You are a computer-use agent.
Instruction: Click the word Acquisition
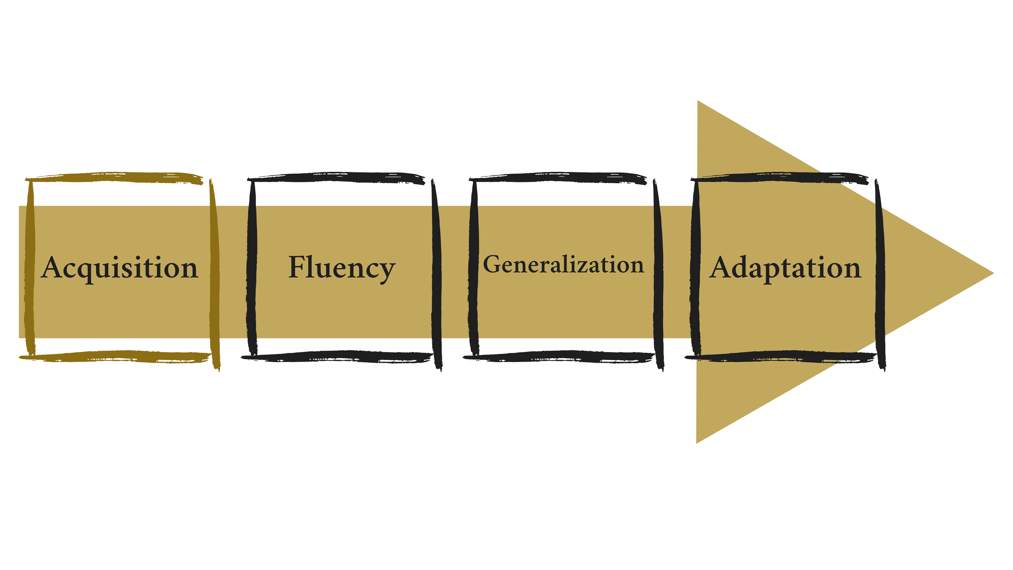[120, 268]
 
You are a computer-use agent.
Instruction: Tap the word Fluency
[342, 268]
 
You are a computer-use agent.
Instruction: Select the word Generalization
[563, 265]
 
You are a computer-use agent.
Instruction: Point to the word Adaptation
[785, 268]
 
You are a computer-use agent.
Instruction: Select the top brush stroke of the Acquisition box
[113, 178]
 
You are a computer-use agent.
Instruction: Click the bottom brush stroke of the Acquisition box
[113, 357]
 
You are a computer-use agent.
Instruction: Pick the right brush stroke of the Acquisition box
[215, 276]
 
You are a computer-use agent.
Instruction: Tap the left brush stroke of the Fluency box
[252, 268]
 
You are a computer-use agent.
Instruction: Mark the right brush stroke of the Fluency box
[436, 276]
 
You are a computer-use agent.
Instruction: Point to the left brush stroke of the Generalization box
[473, 268]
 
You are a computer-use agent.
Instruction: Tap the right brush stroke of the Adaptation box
[880, 276]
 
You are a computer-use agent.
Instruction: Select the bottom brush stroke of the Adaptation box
[780, 357]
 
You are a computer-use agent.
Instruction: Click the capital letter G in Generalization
[492, 264]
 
